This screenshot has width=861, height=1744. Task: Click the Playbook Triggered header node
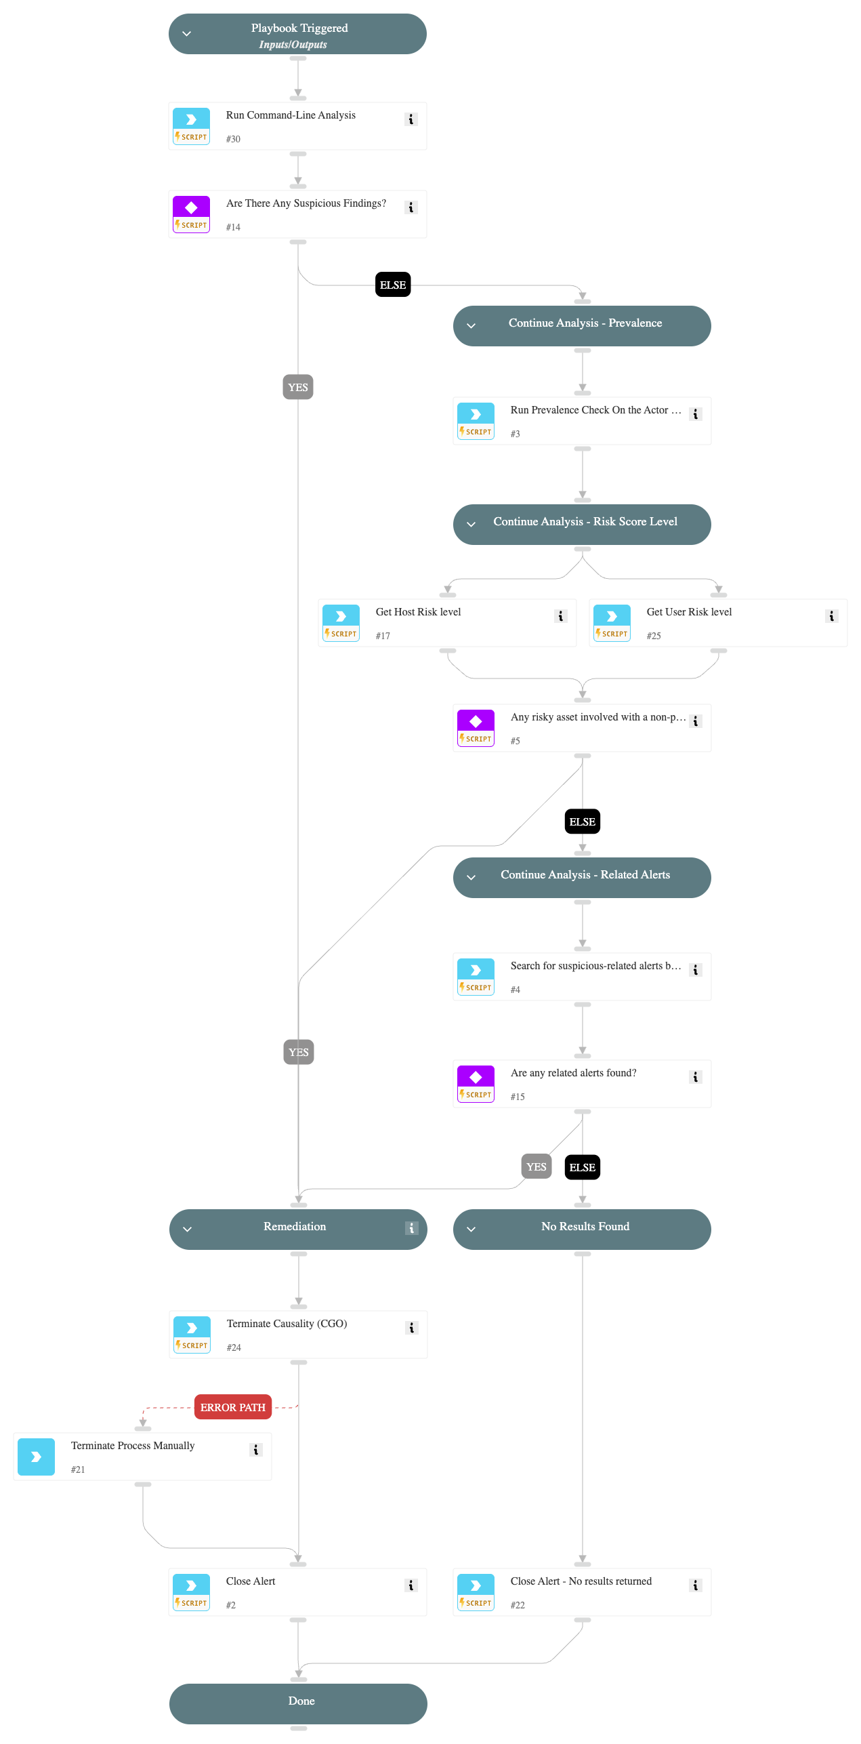coord(297,34)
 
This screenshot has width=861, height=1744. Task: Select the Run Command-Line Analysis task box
coord(297,126)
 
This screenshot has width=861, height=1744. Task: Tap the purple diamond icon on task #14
coord(191,207)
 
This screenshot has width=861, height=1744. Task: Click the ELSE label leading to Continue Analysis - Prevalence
coord(393,285)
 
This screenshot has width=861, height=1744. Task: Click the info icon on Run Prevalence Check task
coord(695,414)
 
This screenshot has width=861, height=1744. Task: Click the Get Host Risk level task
coord(447,622)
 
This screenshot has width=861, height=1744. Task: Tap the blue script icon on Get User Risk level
coord(612,616)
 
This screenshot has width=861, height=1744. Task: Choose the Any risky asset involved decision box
coord(582,727)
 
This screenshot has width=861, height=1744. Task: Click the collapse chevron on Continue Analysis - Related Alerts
coord(471,877)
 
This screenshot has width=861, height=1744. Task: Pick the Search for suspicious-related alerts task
coord(582,976)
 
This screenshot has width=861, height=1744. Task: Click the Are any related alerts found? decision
coord(582,1083)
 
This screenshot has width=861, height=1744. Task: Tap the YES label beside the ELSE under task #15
coord(536,1167)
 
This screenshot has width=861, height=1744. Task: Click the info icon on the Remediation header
coord(411,1228)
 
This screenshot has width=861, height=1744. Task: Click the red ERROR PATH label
coord(233,1407)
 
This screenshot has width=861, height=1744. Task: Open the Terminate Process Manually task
coord(142,1456)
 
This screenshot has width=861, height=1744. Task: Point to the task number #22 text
coord(518,1604)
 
